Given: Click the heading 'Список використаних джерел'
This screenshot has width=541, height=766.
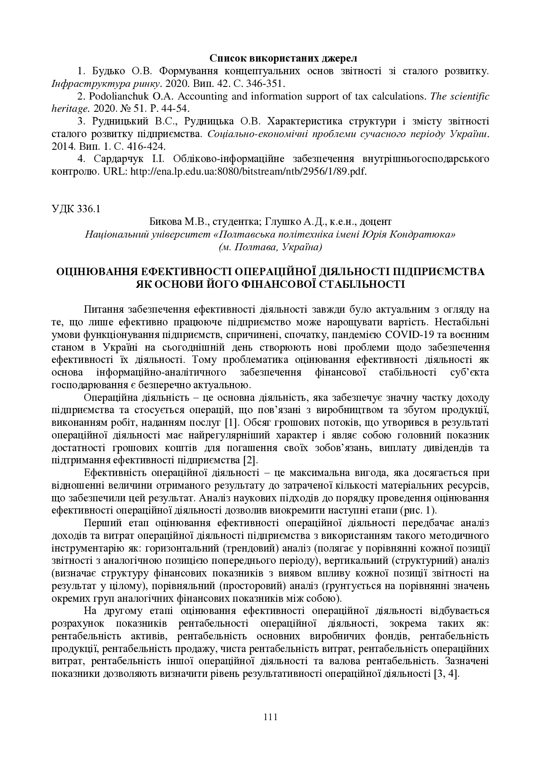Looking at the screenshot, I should pos(283,58).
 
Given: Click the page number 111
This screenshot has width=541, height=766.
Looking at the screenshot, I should pos(270,717).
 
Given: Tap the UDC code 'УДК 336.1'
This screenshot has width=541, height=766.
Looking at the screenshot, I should pos(76,209).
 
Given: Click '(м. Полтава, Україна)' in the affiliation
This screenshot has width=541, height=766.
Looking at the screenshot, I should pos(270,247).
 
